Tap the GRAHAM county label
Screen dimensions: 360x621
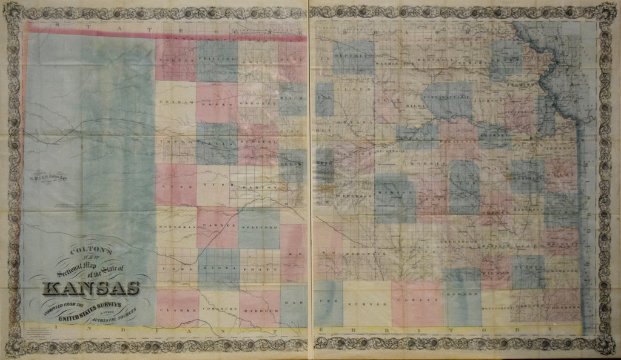[175, 102]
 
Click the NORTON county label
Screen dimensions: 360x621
[175, 59]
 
